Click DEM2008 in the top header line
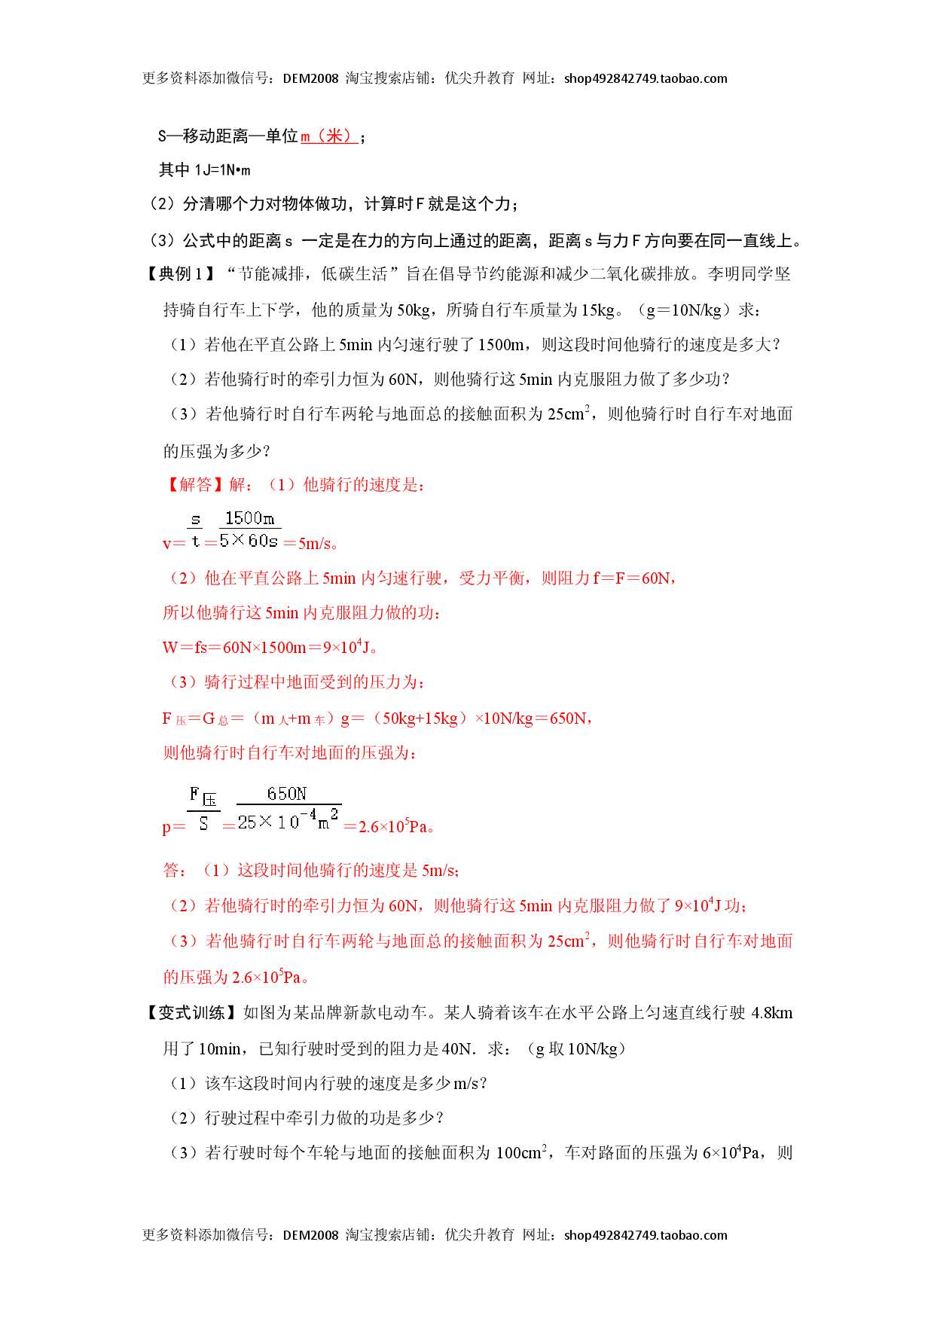click(310, 78)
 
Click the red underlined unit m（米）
click(329, 136)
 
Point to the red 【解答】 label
click(193, 485)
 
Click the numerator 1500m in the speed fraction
click(249, 518)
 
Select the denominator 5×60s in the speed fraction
click(249, 541)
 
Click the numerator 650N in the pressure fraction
click(287, 794)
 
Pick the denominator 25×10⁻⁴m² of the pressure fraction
click(288, 820)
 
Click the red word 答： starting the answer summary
click(176, 871)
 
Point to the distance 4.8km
click(772, 1013)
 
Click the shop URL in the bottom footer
click(646, 1235)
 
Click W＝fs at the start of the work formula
click(185, 648)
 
